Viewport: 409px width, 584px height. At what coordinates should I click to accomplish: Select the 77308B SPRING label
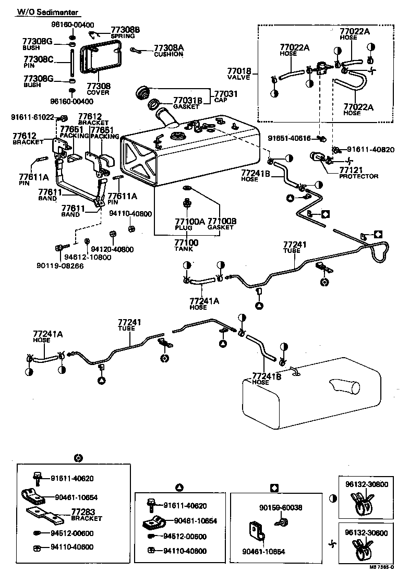126,33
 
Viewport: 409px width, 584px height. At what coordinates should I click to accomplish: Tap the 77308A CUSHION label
168,51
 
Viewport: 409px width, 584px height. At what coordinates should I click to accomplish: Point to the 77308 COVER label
98,89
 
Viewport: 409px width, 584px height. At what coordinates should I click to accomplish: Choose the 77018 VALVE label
239,74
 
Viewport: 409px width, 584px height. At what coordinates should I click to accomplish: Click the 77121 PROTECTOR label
358,173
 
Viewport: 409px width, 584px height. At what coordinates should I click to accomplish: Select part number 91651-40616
290,138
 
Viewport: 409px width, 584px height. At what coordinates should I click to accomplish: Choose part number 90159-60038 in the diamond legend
281,507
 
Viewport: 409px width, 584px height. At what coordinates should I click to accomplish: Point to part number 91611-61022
32,117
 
